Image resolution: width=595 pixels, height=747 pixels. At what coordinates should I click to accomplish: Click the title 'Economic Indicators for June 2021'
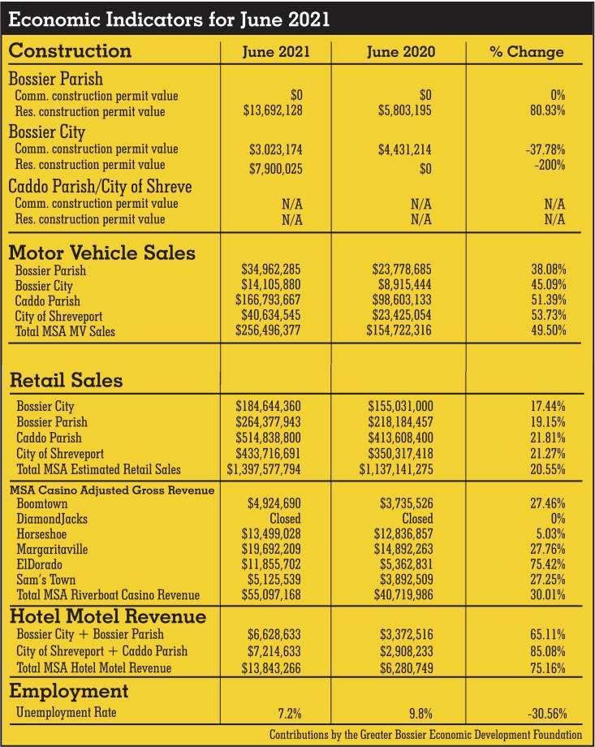(170, 19)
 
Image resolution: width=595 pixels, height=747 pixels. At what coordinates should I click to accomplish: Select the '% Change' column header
(526, 52)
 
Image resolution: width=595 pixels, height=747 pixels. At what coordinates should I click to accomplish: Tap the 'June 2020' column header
(400, 52)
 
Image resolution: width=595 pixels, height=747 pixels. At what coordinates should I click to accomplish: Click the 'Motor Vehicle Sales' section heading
(101, 253)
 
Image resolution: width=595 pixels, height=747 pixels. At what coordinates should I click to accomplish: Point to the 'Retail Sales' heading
(66, 379)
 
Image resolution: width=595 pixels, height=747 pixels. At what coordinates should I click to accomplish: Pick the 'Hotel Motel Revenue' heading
(107, 615)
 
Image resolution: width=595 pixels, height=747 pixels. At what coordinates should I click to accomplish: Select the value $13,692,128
(274, 111)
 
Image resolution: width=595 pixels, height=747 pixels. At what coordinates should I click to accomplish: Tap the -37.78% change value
(544, 149)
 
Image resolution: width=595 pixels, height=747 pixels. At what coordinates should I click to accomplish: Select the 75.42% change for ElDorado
(548, 564)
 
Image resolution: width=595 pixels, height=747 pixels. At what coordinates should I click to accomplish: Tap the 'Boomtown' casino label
(44, 503)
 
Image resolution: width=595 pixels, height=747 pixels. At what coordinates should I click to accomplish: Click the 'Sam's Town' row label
(47, 580)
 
